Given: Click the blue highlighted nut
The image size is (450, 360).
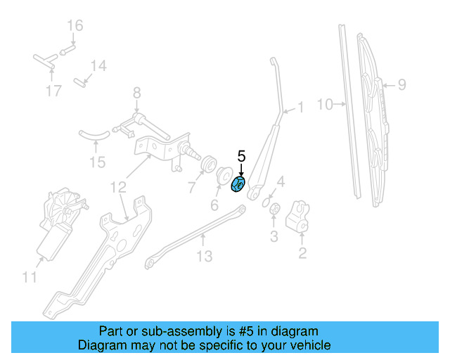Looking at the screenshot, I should pos(238,185).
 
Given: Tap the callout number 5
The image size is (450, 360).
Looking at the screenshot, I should pos(241,156).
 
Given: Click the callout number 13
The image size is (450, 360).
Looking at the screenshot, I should pos(203,257).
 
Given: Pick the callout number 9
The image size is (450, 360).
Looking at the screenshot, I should pos(401,85).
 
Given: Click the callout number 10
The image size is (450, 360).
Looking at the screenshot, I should pos(324,105).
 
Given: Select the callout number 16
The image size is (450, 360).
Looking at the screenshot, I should pos(75,26).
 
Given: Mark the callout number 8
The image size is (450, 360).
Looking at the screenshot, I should pos(137,91).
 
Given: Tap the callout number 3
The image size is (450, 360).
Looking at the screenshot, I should pos(275,236).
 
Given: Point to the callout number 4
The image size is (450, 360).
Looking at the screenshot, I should pos(280,184).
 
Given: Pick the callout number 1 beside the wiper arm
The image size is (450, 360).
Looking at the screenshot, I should pos(301,108).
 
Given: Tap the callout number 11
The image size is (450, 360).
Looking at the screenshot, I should pos(28,278).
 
